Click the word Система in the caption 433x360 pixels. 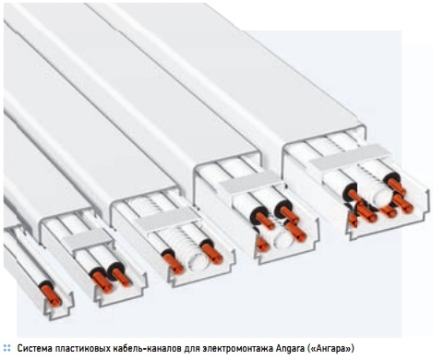point(35,349)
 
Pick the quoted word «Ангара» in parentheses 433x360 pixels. point(331,349)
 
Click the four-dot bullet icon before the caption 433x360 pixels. point(6,349)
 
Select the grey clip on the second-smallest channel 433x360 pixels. point(87,238)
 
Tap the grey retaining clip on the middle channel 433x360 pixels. point(167,219)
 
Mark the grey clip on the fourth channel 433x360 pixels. point(249,182)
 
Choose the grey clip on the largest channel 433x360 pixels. point(351,158)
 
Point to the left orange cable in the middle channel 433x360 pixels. point(173,262)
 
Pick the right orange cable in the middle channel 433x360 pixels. point(211,253)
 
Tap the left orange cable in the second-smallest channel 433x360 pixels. point(102,281)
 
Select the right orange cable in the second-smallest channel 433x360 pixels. point(121,276)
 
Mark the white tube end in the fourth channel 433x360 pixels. point(283,238)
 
